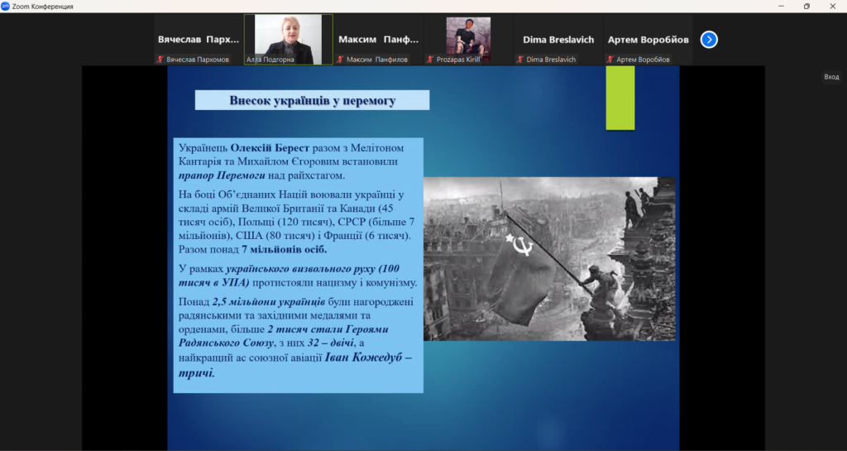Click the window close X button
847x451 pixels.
click(832, 7)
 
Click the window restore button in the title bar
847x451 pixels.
click(806, 7)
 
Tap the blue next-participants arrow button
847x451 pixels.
click(709, 40)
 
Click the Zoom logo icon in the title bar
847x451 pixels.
click(6, 6)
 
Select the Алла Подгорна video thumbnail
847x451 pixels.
click(289, 40)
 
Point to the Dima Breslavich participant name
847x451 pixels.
click(558, 40)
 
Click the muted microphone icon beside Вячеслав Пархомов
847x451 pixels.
click(160, 60)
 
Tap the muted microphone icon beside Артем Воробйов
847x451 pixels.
click(610, 60)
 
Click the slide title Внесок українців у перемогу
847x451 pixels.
click(312, 100)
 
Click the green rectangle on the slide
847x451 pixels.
click(620, 98)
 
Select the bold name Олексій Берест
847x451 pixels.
click(270, 147)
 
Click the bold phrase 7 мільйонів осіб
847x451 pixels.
click(285, 250)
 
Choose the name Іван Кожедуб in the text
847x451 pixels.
click(363, 357)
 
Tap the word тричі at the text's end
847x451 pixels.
click(197, 372)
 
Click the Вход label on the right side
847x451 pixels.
click(831, 77)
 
